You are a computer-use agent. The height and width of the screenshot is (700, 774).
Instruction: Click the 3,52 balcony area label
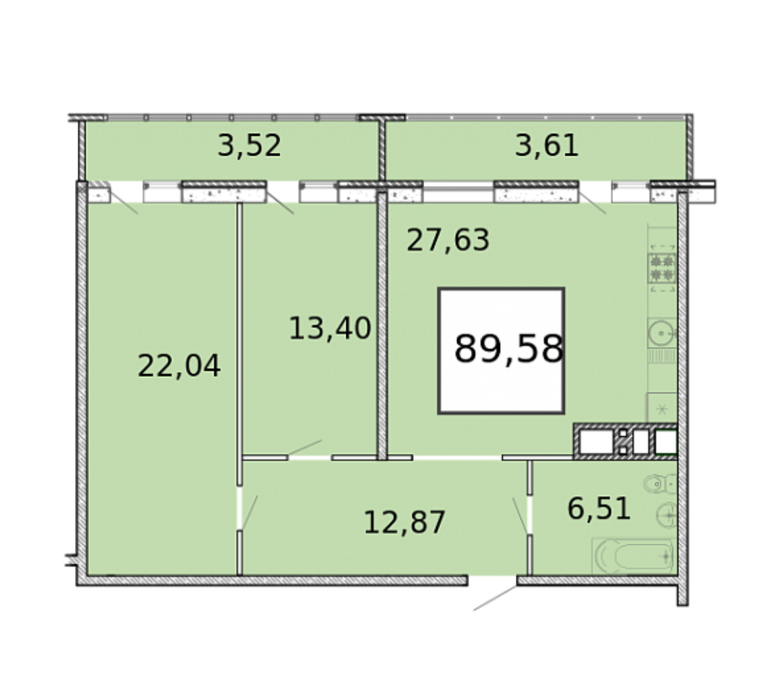point(249,146)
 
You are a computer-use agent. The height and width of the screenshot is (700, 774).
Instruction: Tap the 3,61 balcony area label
point(547,146)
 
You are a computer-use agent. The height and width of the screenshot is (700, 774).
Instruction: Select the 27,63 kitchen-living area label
point(448,240)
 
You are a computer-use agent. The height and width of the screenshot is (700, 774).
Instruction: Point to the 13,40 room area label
point(330,329)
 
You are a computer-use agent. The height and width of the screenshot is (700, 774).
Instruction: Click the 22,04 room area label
point(178,366)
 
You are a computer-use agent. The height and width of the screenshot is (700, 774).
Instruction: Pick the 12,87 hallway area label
point(404,523)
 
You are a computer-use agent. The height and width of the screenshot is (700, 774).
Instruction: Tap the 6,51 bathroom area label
point(599,509)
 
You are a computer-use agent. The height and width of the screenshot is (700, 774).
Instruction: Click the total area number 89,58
point(508,349)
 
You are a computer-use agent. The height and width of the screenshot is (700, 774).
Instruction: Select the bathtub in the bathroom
point(634,556)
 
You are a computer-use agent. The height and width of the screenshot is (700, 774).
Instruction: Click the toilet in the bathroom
point(660,484)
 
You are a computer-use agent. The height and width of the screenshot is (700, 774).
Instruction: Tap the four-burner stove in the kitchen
point(662,268)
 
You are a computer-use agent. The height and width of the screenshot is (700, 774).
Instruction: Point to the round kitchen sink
point(662,333)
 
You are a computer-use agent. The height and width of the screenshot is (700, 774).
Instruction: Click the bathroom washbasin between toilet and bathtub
point(667,515)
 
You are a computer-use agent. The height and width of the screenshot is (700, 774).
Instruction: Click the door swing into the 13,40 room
point(305,448)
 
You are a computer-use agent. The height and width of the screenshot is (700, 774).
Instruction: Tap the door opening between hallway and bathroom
point(529,514)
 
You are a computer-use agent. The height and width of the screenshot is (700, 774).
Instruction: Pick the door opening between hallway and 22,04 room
point(240,508)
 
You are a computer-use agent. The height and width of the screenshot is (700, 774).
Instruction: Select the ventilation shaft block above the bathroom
point(625,441)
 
